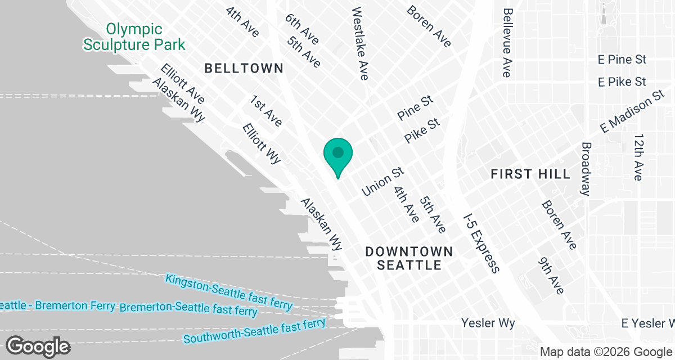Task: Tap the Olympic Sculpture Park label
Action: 134,37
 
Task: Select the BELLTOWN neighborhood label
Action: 244,69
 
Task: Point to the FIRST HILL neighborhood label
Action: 530,174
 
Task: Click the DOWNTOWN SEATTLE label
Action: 409,258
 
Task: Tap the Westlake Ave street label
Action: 359,43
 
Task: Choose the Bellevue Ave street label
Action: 507,42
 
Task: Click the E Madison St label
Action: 633,111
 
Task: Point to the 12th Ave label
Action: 638,157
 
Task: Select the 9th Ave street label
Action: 551,276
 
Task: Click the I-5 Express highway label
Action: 481,242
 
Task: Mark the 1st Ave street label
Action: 266,110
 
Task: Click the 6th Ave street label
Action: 301,29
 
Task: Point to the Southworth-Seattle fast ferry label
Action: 254,331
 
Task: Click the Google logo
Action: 38,346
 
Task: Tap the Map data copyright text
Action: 606,352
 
